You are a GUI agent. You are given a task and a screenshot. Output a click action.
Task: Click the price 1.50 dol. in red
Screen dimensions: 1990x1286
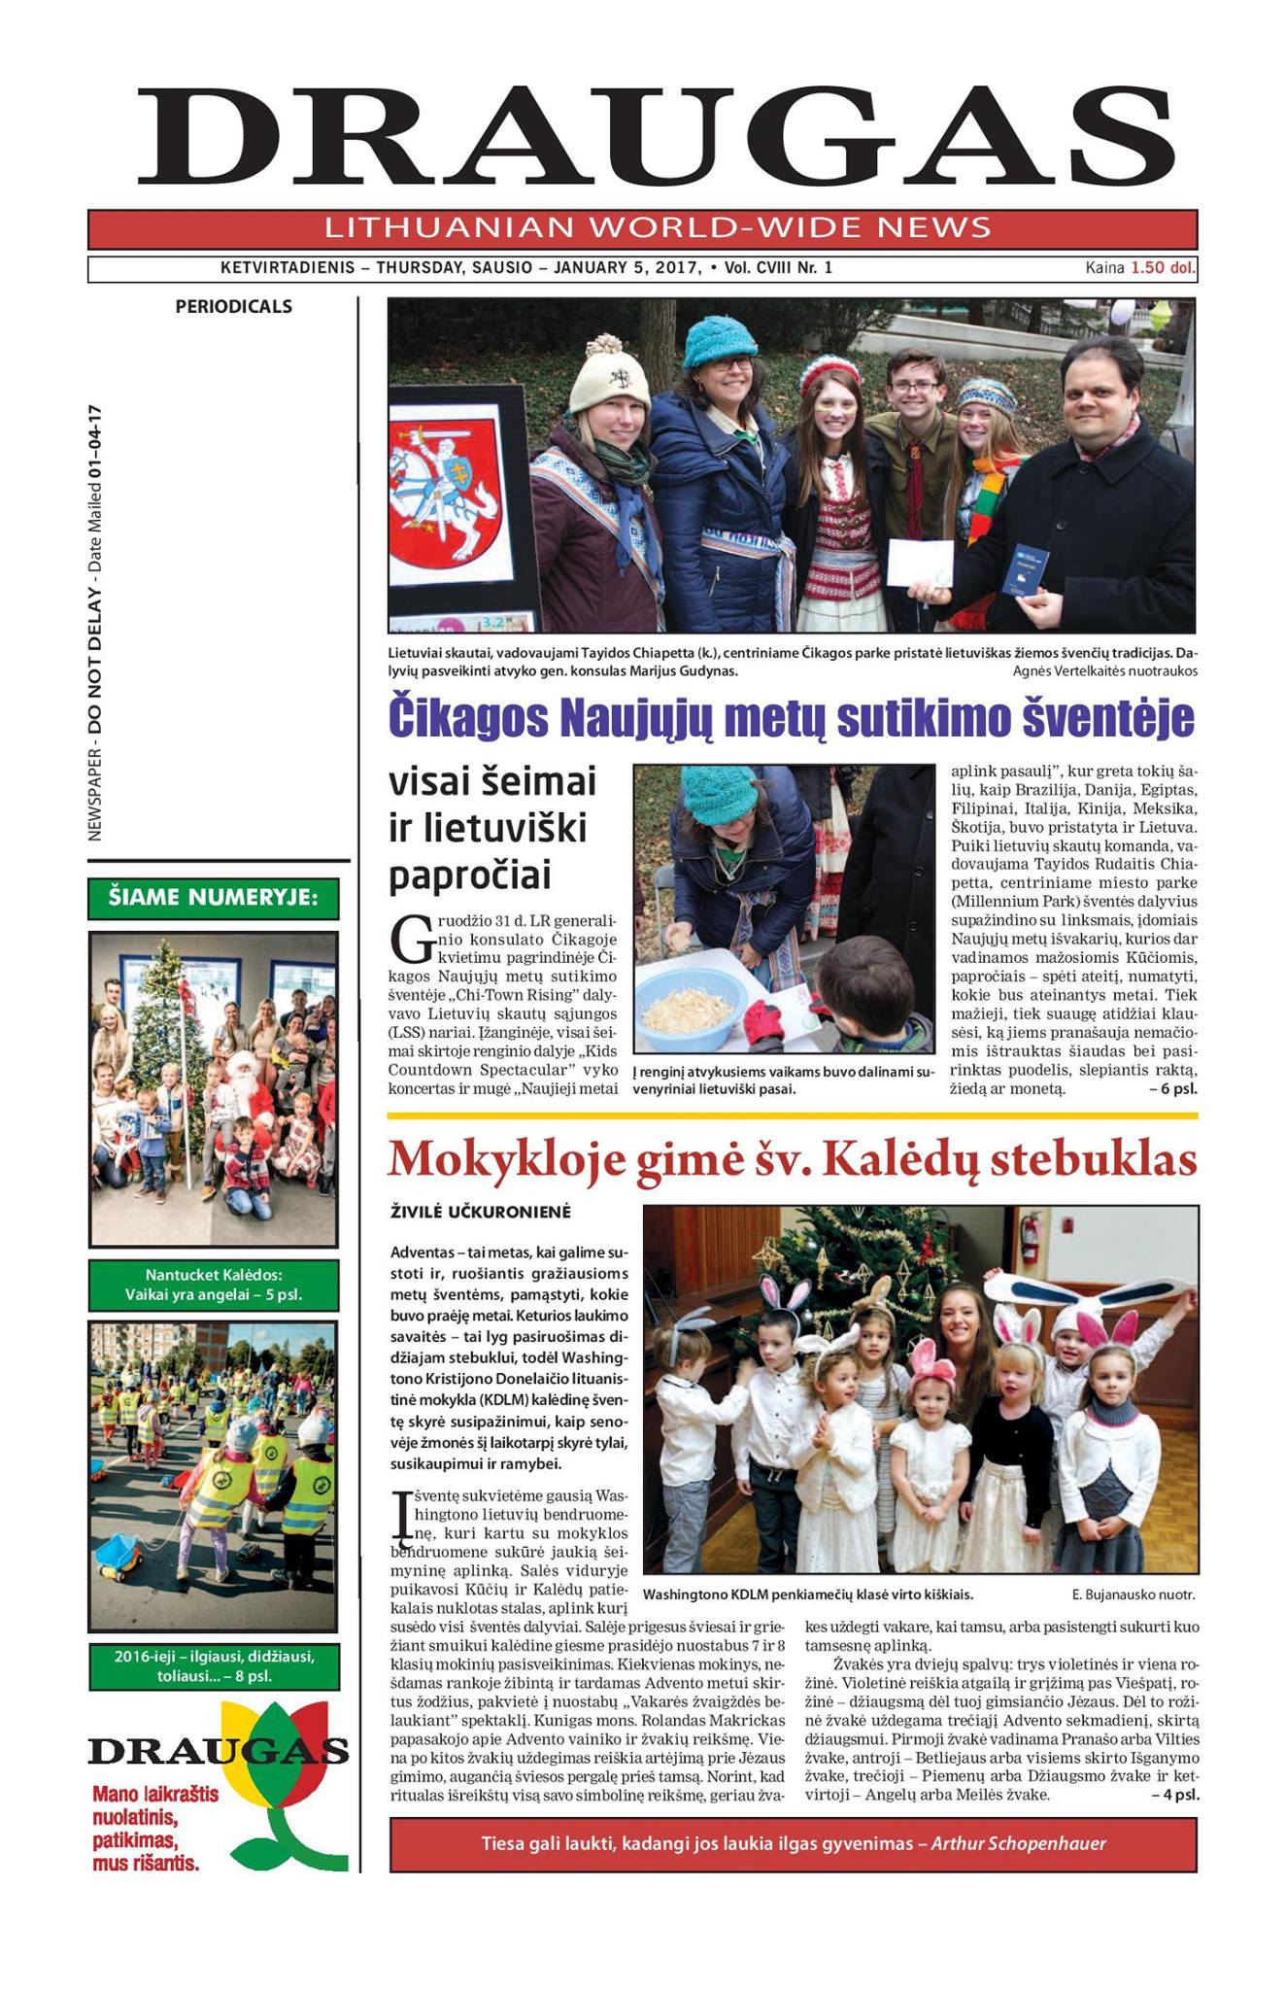tap(1163, 268)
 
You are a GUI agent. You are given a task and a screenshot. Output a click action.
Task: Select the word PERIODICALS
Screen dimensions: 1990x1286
tap(233, 307)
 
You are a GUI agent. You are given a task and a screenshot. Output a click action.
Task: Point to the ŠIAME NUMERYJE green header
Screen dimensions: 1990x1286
tap(214, 898)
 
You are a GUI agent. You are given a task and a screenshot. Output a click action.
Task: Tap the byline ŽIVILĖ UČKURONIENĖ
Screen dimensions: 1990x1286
tap(481, 1213)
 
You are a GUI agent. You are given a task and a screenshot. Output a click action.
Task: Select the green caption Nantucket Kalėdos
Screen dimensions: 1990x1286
tap(214, 1286)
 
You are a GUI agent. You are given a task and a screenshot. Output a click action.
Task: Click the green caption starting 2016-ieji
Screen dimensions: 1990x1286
tap(214, 1665)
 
